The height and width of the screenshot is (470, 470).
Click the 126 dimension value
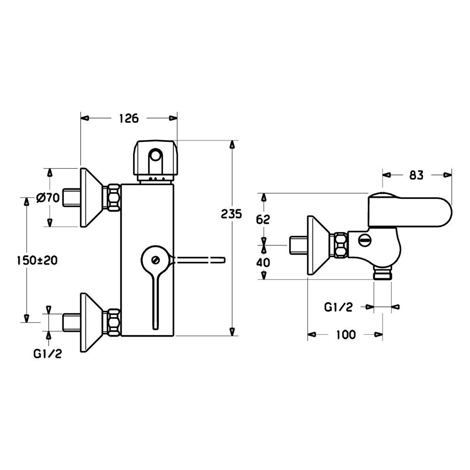pyautogui.click(x=129, y=118)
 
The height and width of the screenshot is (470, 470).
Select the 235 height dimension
pyautogui.click(x=231, y=214)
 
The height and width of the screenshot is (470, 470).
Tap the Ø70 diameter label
pyautogui.click(x=47, y=197)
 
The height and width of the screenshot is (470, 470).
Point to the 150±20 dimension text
pyautogui.click(x=37, y=260)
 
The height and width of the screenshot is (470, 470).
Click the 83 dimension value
pyautogui.click(x=416, y=175)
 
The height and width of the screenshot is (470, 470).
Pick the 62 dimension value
pyautogui.click(x=263, y=219)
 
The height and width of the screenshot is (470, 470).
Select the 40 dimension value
pyautogui.click(x=263, y=262)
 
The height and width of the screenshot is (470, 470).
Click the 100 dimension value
pyautogui.click(x=345, y=335)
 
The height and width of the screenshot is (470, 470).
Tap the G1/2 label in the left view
pyautogui.click(x=47, y=354)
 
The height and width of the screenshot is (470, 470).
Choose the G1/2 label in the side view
pyautogui.click(x=338, y=307)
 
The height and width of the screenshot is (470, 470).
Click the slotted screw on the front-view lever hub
pyautogui.click(x=155, y=260)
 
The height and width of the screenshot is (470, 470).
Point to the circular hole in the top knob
pyautogui.click(x=155, y=156)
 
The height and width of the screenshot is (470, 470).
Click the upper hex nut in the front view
pyautogui.click(x=114, y=197)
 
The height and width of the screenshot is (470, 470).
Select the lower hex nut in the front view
pyautogui.click(x=114, y=322)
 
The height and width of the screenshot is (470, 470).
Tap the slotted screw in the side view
pyautogui.click(x=365, y=241)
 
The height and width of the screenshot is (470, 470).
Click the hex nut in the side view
pyautogui.click(x=341, y=245)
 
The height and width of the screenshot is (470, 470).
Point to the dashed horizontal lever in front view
pyautogui.click(x=198, y=260)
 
